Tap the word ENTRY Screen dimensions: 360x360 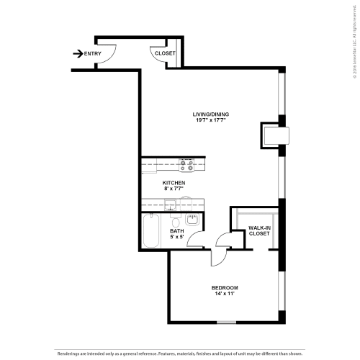[92, 53]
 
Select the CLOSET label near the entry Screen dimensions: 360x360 [164, 53]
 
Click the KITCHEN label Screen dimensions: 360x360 [174, 184]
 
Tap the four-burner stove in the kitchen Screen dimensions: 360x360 [186, 166]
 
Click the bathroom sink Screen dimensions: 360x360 [192, 220]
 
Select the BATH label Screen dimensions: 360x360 [177, 230]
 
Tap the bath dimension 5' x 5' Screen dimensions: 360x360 [177, 237]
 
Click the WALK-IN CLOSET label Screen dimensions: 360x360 [259, 230]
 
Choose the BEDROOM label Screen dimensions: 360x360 [225, 288]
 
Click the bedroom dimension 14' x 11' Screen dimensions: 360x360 [225, 294]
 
